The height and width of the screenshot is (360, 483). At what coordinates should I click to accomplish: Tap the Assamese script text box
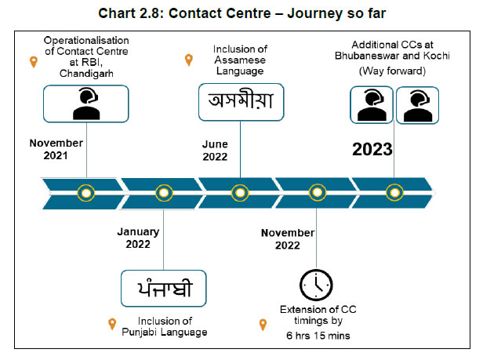(240, 104)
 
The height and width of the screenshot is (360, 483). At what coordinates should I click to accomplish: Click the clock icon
(317, 284)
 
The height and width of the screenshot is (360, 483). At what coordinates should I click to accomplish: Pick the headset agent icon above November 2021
(85, 104)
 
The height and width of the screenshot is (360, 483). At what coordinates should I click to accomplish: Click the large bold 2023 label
(372, 150)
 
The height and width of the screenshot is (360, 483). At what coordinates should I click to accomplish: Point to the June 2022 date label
(214, 150)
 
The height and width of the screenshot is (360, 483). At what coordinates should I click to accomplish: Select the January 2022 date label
(138, 238)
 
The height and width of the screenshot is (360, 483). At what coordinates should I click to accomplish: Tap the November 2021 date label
(56, 150)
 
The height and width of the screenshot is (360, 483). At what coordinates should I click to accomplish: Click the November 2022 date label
(288, 238)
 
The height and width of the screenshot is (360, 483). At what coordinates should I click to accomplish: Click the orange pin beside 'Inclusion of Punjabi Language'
(112, 324)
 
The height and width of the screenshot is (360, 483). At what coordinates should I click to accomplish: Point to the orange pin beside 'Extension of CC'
(263, 324)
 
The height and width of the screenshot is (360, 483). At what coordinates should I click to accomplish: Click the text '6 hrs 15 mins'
(318, 335)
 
